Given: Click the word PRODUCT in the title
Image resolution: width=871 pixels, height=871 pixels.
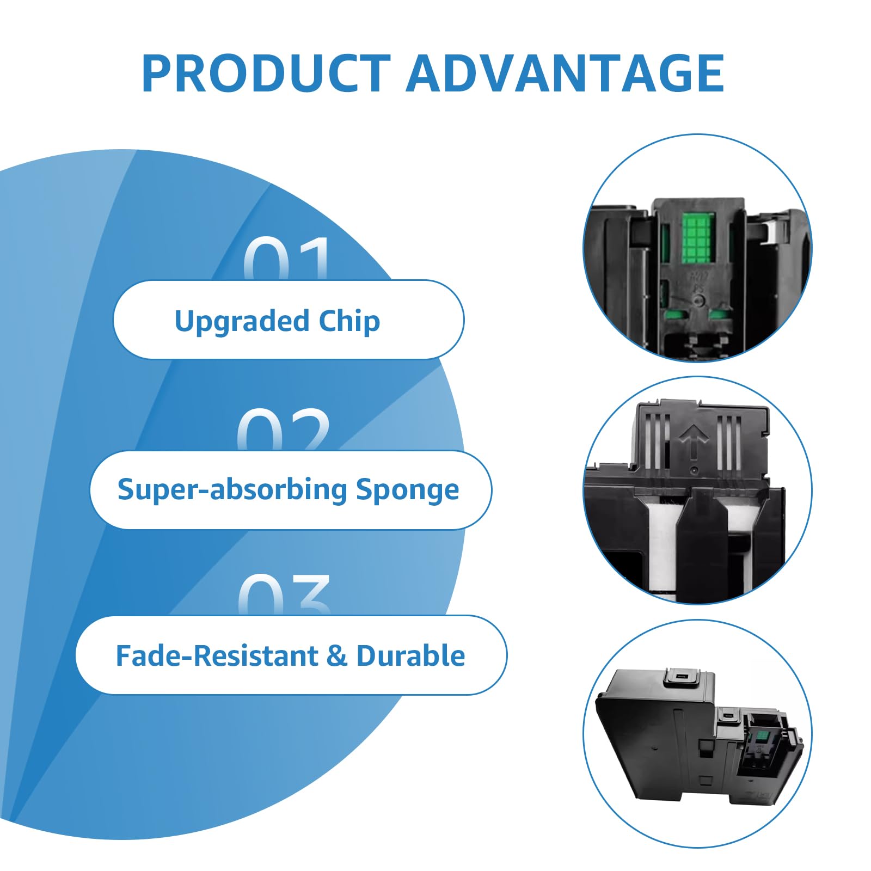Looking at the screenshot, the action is tap(266, 73).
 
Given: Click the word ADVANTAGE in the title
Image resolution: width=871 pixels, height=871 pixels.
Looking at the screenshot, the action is tap(565, 73).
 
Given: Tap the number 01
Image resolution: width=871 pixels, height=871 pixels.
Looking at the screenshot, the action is tap(287, 259).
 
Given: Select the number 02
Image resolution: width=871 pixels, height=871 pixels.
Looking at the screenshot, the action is tap(284, 430).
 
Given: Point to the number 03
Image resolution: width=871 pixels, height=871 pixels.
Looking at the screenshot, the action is tap(284, 595).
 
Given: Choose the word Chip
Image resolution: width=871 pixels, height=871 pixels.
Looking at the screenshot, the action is tap(349, 321).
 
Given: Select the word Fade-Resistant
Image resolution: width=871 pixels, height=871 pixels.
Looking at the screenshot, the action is tap(217, 655).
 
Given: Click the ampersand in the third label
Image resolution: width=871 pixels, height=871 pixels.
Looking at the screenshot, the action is tap(337, 656).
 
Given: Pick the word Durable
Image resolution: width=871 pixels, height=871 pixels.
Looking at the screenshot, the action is tap(410, 655).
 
